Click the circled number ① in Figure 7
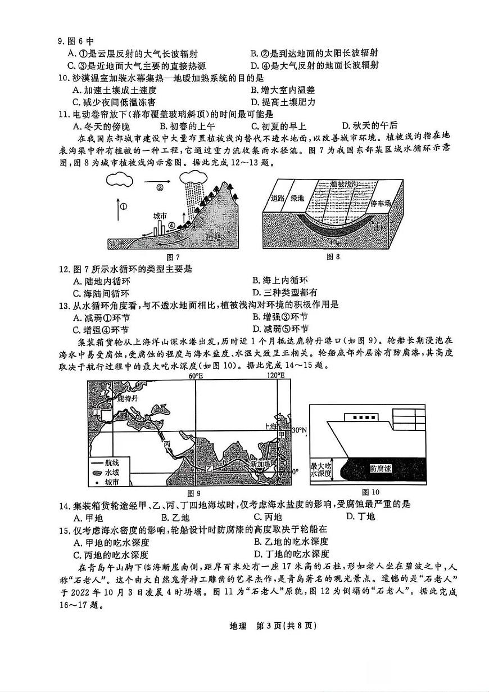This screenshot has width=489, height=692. (124, 206)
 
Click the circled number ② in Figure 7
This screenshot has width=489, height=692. (160, 187)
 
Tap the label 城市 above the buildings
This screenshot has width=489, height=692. (160, 216)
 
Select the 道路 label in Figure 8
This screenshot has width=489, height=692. (278, 198)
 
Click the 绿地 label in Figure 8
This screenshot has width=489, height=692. (296, 198)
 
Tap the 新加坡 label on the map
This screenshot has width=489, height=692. (260, 465)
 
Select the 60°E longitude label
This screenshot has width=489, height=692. (195, 375)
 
